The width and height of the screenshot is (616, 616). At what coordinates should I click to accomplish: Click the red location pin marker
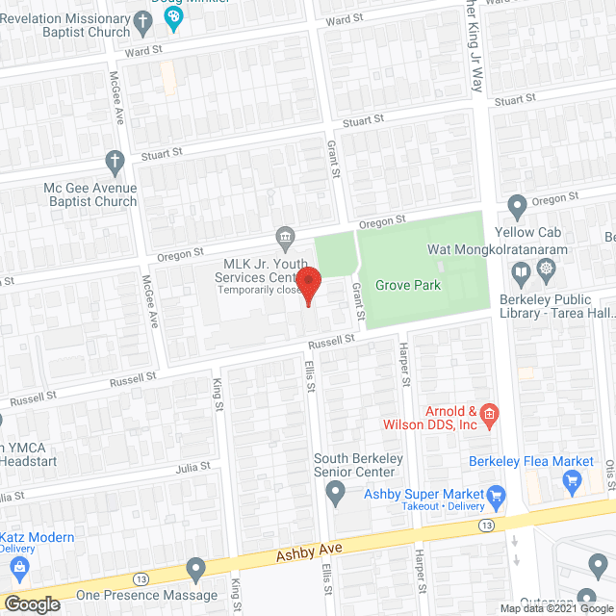308,285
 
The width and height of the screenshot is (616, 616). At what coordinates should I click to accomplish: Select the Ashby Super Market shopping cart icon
497,497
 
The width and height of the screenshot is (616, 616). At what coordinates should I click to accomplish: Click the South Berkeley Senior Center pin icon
336,495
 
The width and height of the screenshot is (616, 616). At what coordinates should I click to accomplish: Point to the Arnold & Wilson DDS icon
489,415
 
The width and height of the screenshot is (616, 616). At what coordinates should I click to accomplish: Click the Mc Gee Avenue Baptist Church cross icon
115,161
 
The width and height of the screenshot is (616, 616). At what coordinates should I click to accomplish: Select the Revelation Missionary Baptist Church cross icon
143,19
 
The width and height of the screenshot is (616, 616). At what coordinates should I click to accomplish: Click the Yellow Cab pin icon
517,205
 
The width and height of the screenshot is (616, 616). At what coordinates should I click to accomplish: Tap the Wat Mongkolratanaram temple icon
547,268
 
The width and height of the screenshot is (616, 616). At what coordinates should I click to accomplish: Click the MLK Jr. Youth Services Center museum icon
286,237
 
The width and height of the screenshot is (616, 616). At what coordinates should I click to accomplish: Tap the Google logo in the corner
32,603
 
